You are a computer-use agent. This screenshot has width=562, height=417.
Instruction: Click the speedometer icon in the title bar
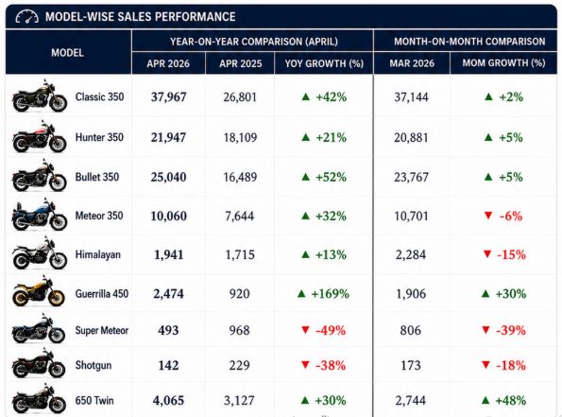(x=26, y=16)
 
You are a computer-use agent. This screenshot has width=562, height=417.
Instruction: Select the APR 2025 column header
(x=241, y=63)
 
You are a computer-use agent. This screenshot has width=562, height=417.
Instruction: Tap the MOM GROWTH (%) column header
(x=503, y=63)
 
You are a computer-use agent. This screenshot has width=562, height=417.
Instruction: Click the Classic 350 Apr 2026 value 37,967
(x=168, y=96)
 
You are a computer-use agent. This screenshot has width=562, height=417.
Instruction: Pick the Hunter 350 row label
(x=99, y=137)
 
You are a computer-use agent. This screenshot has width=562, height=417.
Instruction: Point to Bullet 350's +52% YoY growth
(x=331, y=177)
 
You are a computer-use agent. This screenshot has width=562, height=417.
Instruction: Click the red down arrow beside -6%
(x=487, y=216)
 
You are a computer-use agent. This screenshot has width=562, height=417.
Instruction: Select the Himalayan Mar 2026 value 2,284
(x=411, y=254)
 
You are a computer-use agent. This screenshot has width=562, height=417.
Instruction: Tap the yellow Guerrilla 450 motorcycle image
(x=39, y=291)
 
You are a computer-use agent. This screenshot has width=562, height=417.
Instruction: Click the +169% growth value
(x=330, y=294)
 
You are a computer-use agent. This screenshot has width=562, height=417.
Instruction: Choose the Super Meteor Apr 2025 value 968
(x=239, y=330)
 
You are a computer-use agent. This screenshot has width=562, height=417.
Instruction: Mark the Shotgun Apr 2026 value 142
(x=168, y=365)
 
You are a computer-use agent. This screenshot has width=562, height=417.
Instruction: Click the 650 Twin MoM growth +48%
(x=511, y=401)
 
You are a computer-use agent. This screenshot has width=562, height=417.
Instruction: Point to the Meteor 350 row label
(x=99, y=216)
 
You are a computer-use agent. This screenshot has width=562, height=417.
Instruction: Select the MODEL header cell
(x=67, y=53)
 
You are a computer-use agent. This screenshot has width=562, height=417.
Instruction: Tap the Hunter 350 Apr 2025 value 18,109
(x=240, y=137)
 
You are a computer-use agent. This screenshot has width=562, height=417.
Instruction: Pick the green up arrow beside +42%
(x=306, y=96)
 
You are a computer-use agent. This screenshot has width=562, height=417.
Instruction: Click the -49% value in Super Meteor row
(x=331, y=330)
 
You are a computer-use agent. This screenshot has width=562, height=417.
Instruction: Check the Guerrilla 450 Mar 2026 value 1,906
(x=411, y=294)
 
